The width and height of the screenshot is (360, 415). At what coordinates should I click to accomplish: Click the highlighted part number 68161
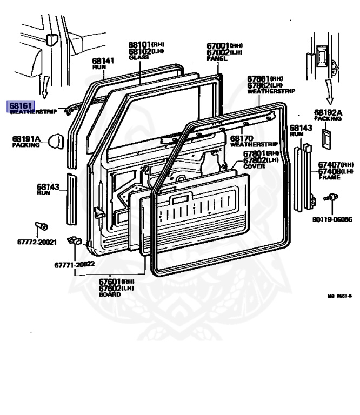coord(19,105)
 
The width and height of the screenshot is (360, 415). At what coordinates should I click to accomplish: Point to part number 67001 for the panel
coord(218,46)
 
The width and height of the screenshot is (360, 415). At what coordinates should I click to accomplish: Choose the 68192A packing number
coord(329,112)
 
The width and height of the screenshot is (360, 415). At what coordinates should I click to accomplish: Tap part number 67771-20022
coord(74,264)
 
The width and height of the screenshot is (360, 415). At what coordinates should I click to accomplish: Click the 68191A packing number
coord(26,139)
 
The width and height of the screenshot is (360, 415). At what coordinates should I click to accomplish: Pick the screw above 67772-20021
coord(41,225)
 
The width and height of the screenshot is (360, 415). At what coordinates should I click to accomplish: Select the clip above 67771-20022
coord(74,240)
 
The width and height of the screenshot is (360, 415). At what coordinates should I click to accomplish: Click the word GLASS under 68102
coord(138,57)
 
